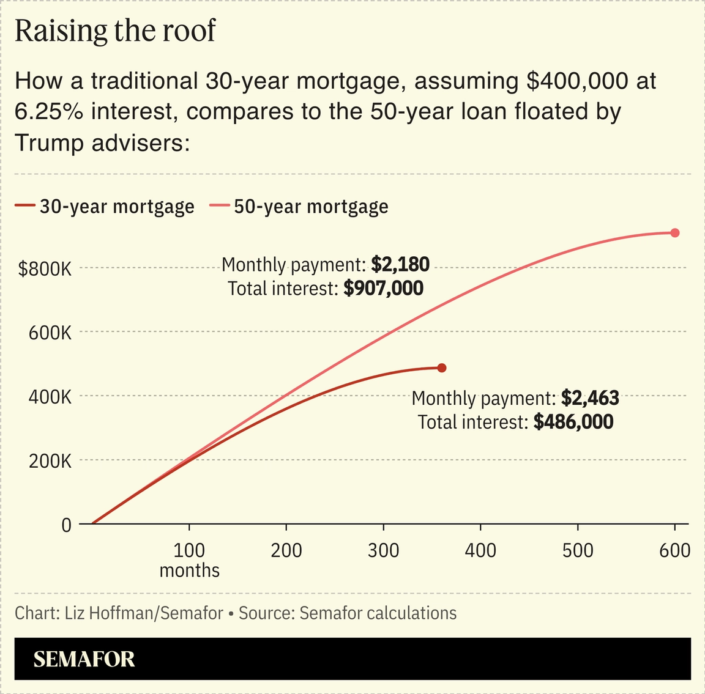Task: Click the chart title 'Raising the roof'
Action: coord(114,31)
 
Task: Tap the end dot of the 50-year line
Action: coord(675,232)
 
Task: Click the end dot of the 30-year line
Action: coord(442,367)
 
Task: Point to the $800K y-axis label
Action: coord(45,268)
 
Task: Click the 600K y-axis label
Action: coord(50,333)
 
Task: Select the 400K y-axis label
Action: coord(50,397)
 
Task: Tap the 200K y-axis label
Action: coord(50,460)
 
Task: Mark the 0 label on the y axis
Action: coord(66,525)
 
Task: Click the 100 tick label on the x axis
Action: coord(189,550)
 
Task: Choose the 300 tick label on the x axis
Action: coord(384,550)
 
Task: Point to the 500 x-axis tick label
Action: coord(578,550)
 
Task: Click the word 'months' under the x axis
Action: coord(189,570)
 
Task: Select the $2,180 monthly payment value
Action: coord(400,264)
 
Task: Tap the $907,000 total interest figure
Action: coord(383,288)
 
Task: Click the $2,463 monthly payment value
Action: coord(590,398)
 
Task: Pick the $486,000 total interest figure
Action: coord(573,422)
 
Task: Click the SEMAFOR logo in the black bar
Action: coord(84,659)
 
